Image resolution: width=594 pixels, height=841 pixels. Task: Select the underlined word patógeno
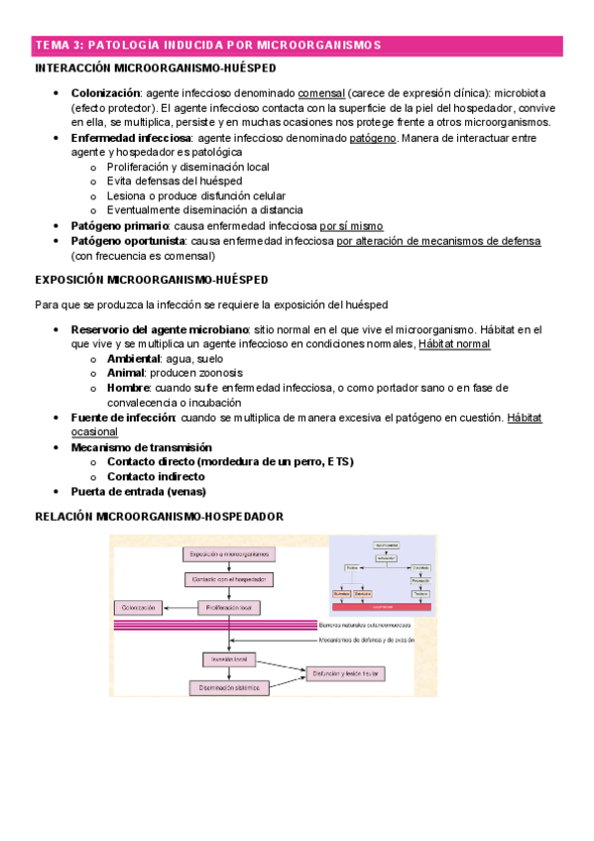tap(373, 139)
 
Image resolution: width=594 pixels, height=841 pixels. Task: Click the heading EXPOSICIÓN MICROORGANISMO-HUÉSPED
tap(151, 280)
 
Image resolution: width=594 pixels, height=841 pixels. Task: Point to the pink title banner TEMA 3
tap(297, 46)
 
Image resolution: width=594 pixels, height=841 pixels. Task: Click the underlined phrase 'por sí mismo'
tap(345, 226)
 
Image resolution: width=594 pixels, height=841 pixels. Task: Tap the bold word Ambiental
tap(135, 358)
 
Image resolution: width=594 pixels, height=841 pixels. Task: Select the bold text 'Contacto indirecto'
tap(157, 476)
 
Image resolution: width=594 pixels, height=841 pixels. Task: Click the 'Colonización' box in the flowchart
tap(141, 606)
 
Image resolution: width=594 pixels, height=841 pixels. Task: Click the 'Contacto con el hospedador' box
tap(230, 579)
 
